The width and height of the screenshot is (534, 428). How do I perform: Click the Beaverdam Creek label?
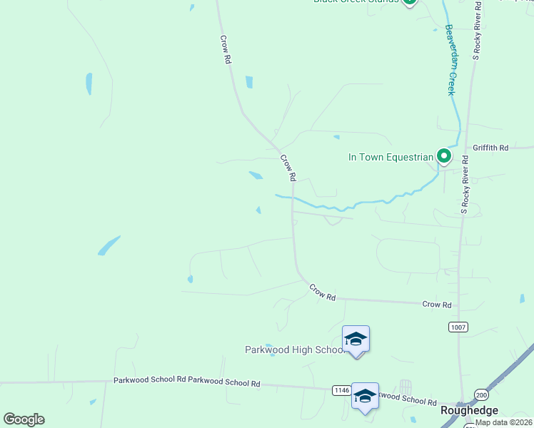(x=450, y=61)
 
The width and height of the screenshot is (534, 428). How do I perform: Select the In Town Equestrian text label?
(x=391, y=157)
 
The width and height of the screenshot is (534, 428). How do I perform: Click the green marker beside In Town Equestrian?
(x=444, y=156)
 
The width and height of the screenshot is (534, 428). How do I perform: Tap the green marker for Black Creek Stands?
(x=409, y=1)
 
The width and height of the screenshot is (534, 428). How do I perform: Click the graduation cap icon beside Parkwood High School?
(x=356, y=339)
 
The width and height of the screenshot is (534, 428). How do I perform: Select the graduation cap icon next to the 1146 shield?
(x=365, y=396)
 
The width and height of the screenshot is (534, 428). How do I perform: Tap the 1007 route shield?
(x=458, y=327)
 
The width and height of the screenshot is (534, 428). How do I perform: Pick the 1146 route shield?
(x=341, y=389)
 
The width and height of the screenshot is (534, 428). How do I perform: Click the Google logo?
(x=24, y=419)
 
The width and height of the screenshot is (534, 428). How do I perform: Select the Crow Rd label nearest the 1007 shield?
(x=437, y=305)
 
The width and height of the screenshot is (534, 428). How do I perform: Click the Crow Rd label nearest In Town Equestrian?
(x=288, y=168)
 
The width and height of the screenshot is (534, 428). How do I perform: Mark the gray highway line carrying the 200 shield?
(x=500, y=386)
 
